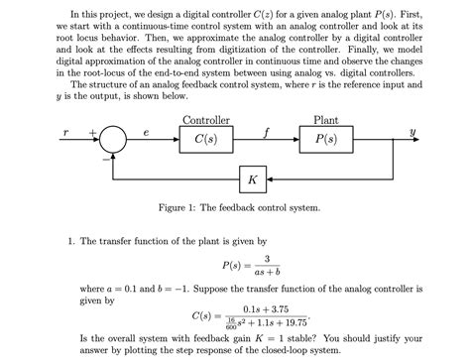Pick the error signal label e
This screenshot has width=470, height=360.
pyautogui.click(x=145, y=130)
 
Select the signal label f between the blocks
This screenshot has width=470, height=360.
pyautogui.click(x=266, y=130)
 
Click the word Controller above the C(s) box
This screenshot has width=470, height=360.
pyautogui.click(x=207, y=120)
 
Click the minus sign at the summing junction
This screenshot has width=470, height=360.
pyautogui.click(x=102, y=155)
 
